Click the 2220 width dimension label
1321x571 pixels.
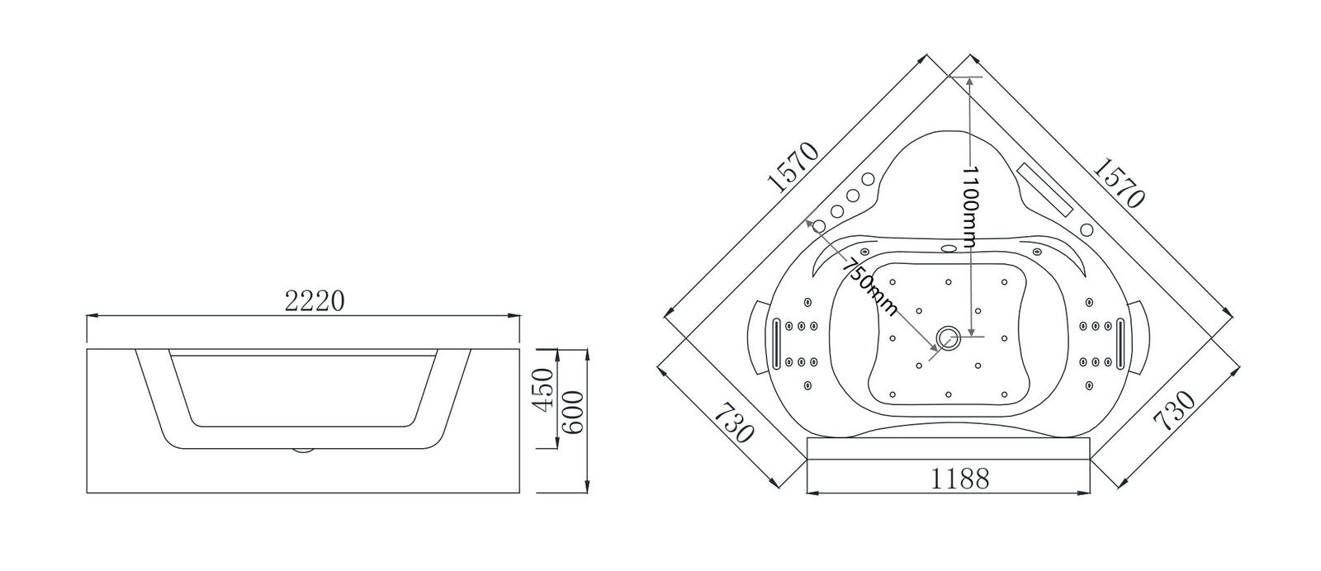[x=314, y=302]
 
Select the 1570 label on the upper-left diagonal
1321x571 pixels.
[x=792, y=179]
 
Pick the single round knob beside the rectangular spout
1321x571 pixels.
[x=1087, y=229]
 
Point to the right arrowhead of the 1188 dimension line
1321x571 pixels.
[x=1087, y=493]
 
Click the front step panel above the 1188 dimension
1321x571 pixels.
[x=948, y=449]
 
